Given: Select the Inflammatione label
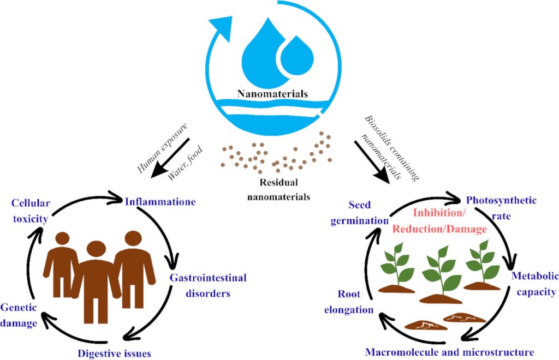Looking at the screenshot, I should pos(160,201).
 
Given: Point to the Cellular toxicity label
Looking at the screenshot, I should pos(32,211).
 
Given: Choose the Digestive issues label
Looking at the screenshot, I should pos(114,352).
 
